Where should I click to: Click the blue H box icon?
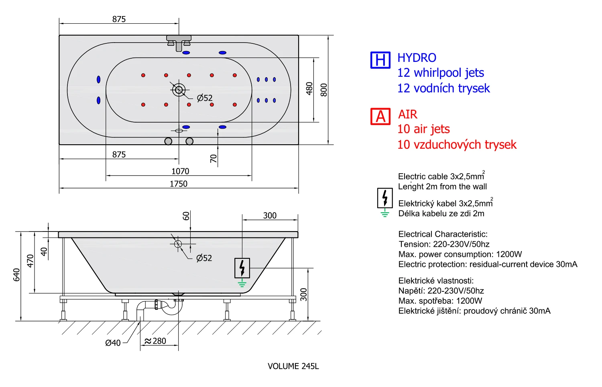(x=380, y=60)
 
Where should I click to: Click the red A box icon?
(x=380, y=116)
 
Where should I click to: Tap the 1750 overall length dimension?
(x=179, y=184)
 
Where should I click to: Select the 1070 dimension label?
(x=180, y=171)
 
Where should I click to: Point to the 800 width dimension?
(x=324, y=90)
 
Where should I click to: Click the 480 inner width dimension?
(x=309, y=88)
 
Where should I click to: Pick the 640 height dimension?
(x=17, y=275)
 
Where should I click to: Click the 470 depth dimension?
(x=31, y=261)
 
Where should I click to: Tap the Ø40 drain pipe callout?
(x=113, y=343)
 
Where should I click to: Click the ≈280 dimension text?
(x=155, y=341)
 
